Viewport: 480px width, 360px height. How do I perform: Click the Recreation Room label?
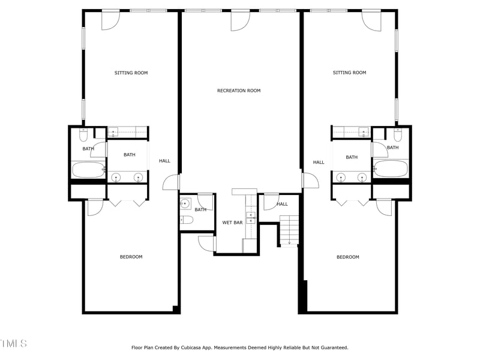pos(239,91)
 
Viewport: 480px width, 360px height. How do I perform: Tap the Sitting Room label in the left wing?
pos(131,73)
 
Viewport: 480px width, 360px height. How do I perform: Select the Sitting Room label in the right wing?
pos(349,73)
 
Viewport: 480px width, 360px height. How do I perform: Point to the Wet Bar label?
pos(232,223)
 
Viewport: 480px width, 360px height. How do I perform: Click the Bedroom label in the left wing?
pos(131,257)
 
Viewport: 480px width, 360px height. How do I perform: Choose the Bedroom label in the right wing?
pos(347,257)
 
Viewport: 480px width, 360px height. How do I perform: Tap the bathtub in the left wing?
pos(88,170)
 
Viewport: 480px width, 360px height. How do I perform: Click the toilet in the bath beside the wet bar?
pos(186,220)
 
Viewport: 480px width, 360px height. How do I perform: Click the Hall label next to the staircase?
pos(282,205)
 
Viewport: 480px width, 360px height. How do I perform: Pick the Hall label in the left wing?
pos(164,161)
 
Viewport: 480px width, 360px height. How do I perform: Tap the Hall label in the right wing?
pos(319,162)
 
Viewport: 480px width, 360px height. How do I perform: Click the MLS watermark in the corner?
pos(13,343)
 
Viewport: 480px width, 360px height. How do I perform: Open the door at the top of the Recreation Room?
pos(240,20)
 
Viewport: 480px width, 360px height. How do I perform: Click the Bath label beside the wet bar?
pos(200,209)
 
